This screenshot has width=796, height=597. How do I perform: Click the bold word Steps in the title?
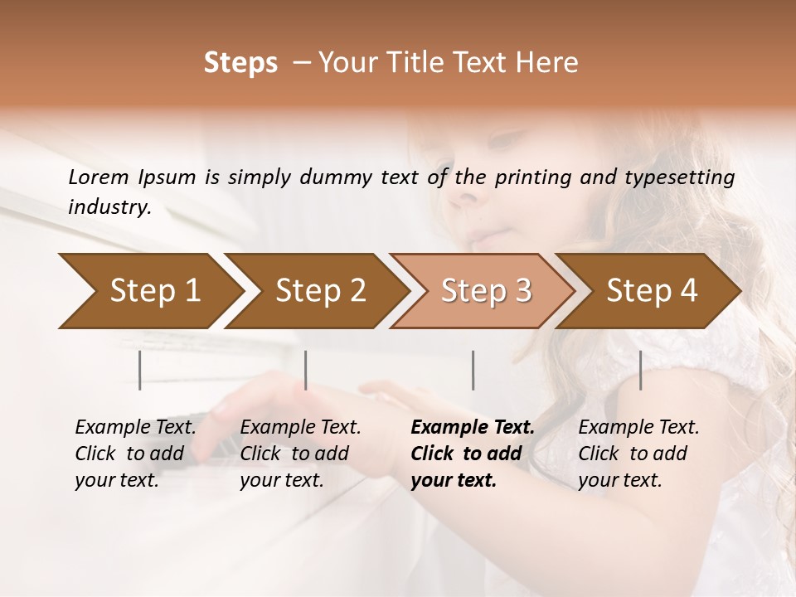click(240, 63)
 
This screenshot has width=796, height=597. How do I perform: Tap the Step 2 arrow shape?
click(319, 291)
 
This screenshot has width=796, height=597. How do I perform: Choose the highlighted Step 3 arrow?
click(485, 291)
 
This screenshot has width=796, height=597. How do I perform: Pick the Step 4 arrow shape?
click(651, 291)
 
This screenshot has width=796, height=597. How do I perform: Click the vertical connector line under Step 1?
click(140, 370)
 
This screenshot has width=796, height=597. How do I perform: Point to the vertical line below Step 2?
click(306, 370)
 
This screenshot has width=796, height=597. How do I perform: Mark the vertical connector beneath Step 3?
click(473, 370)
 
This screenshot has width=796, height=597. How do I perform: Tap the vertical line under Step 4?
click(640, 370)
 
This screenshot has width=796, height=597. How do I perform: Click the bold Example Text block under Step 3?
click(473, 454)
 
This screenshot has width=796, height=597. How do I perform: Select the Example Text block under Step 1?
click(135, 454)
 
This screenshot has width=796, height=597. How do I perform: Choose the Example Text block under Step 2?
click(300, 454)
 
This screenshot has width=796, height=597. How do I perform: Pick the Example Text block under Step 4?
click(638, 454)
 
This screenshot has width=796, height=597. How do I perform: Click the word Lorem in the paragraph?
click(99, 177)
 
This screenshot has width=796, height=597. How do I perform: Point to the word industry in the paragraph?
click(109, 207)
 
